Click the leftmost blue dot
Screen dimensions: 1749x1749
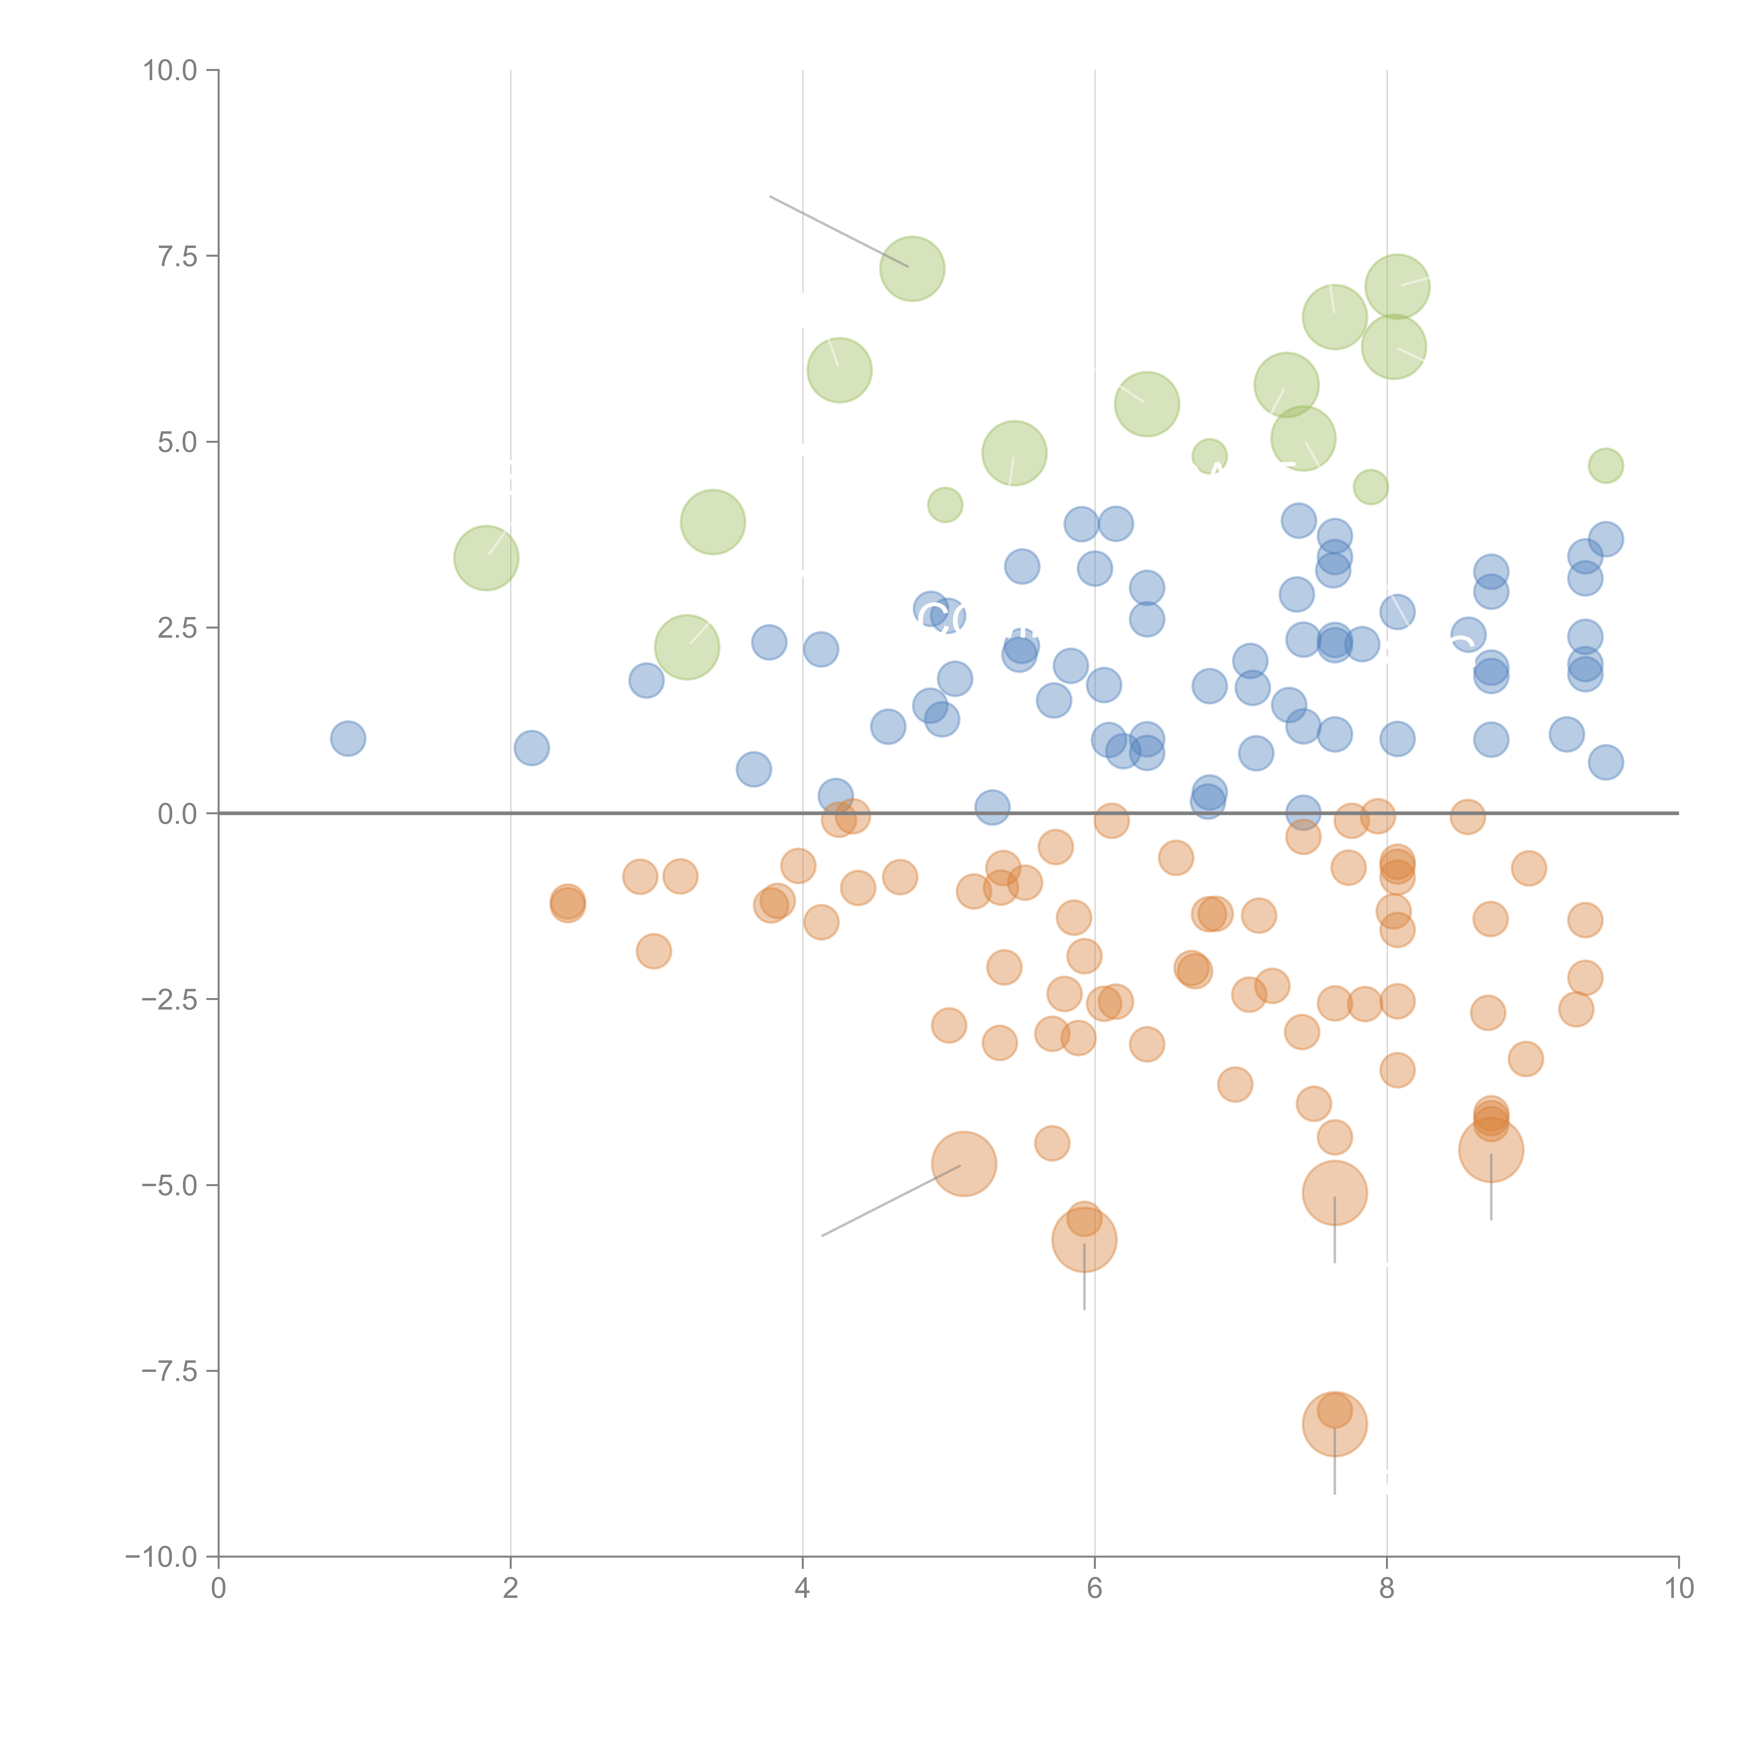[x=348, y=739]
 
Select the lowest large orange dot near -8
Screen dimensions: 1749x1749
[x=1334, y=1424]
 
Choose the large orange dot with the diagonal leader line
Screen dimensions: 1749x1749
[x=964, y=1164]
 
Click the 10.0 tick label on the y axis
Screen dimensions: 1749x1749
[x=170, y=71]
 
